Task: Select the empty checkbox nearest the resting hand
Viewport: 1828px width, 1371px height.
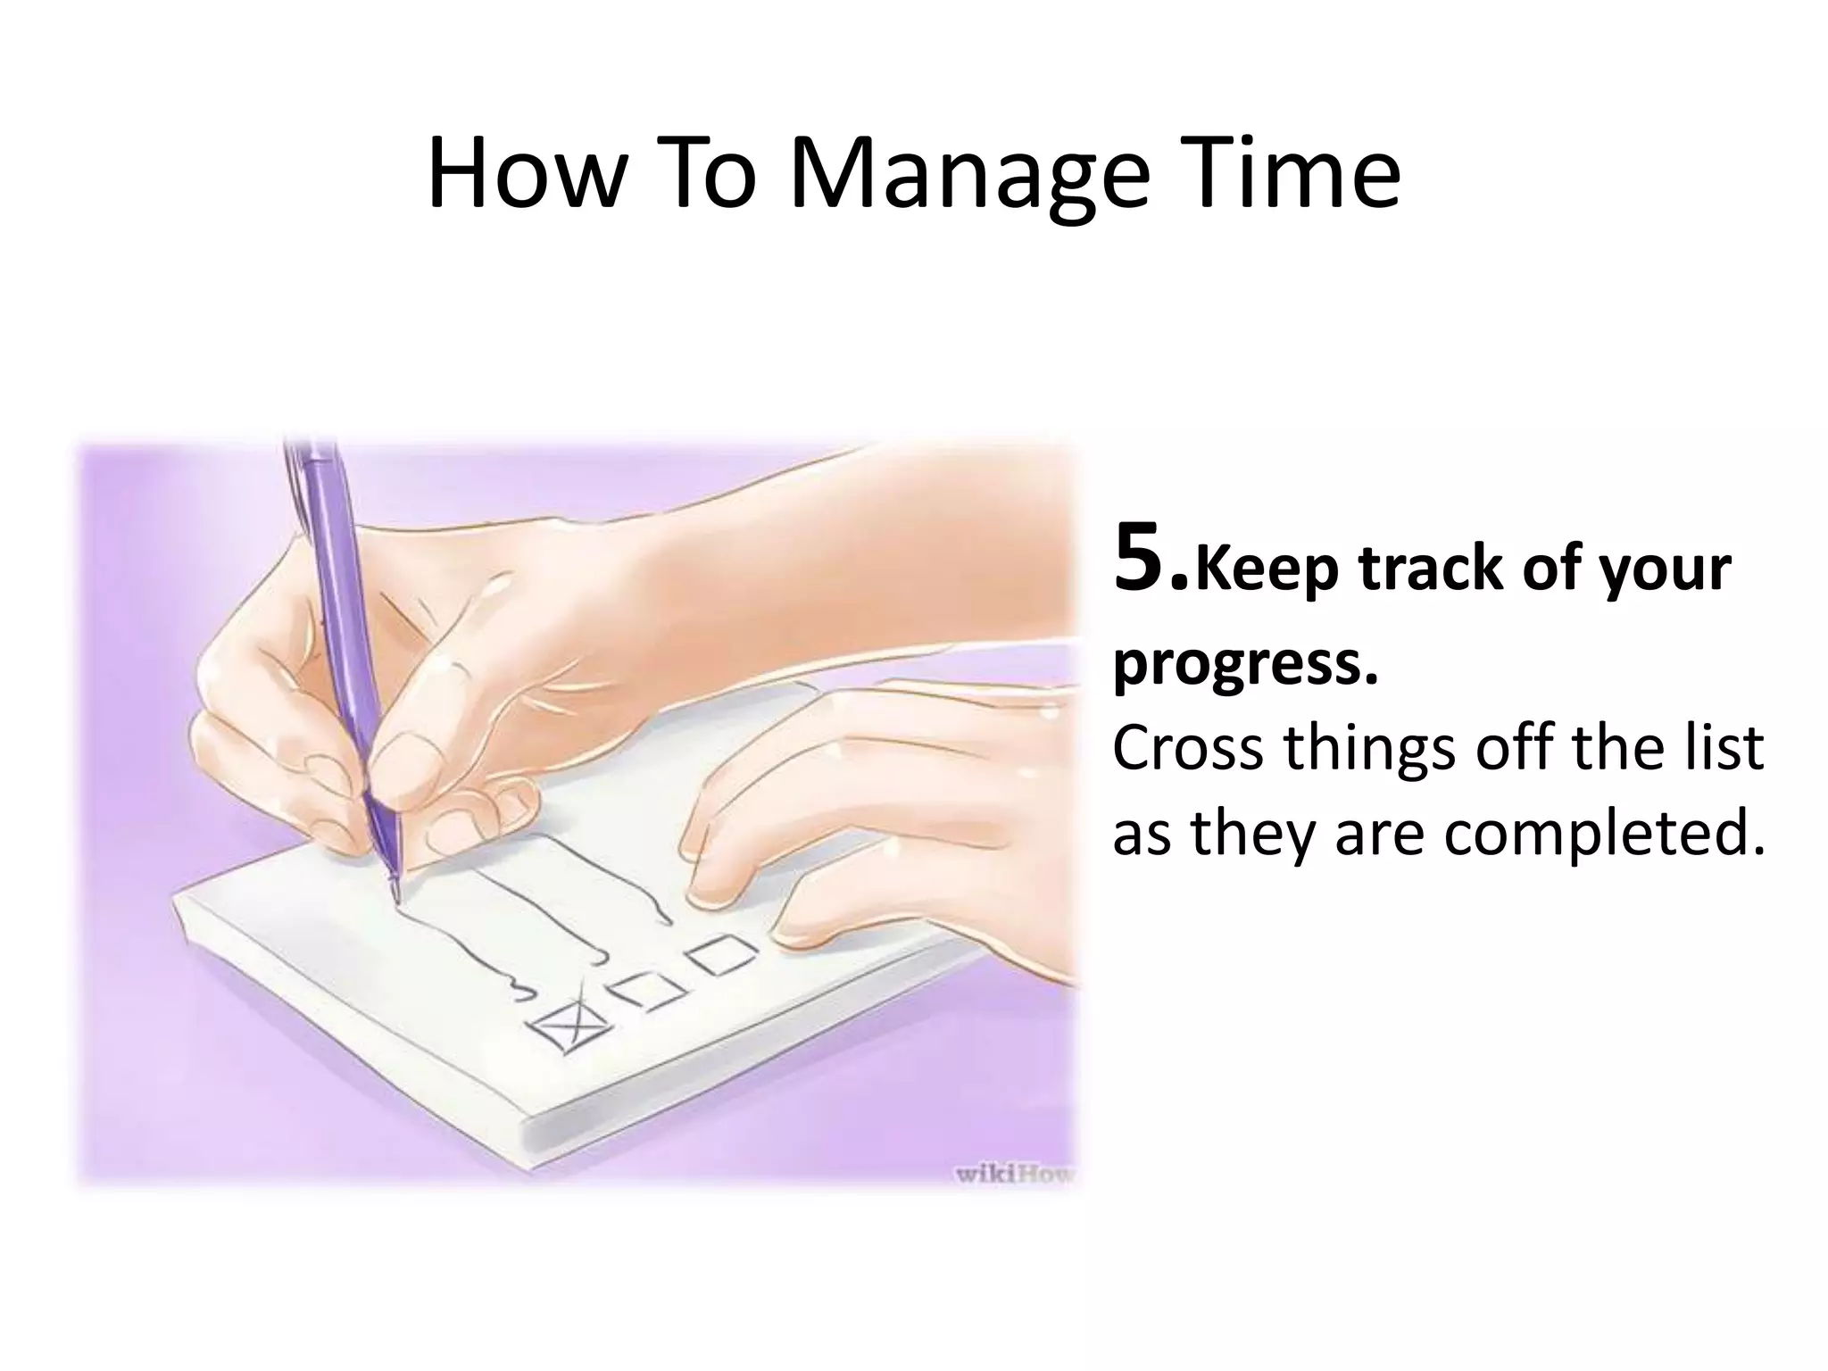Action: click(722, 954)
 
